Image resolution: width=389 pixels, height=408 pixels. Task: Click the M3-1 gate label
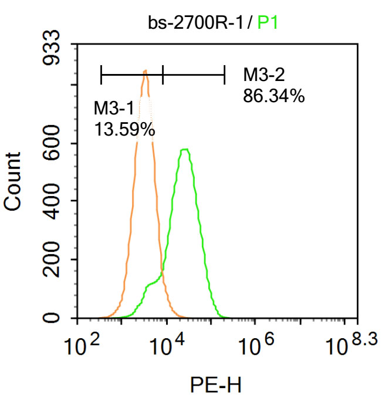(x=114, y=107)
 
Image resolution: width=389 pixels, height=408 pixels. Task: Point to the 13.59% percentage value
(x=124, y=129)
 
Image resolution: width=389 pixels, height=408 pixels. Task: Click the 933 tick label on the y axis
(x=55, y=53)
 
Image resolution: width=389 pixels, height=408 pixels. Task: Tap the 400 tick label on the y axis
(x=55, y=201)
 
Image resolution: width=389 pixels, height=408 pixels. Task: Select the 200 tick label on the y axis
(x=55, y=259)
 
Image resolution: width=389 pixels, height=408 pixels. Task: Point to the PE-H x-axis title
(x=215, y=385)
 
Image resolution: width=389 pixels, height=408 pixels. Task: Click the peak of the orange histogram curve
(x=145, y=72)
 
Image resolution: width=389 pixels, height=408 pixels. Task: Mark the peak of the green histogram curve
(x=185, y=150)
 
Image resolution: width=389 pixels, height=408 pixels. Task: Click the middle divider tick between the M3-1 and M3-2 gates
(x=163, y=75)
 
